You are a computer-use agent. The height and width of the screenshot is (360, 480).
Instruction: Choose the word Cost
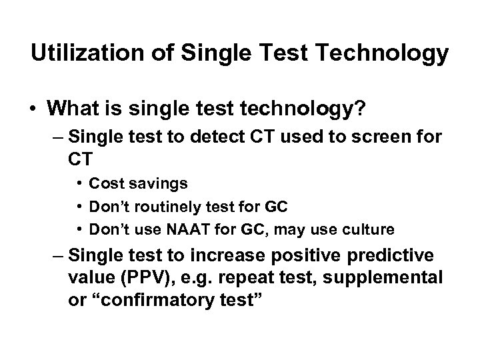[x=103, y=183]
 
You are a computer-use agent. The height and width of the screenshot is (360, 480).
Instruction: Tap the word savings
[x=157, y=183]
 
